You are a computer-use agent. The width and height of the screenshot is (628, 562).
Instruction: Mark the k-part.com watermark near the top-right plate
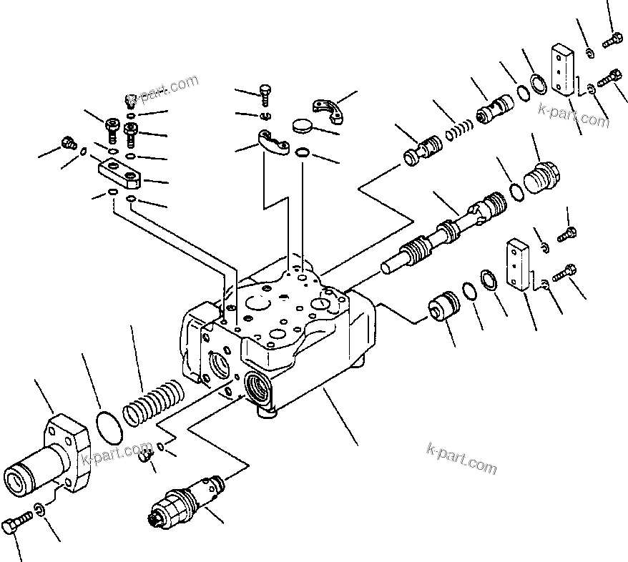574,116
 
